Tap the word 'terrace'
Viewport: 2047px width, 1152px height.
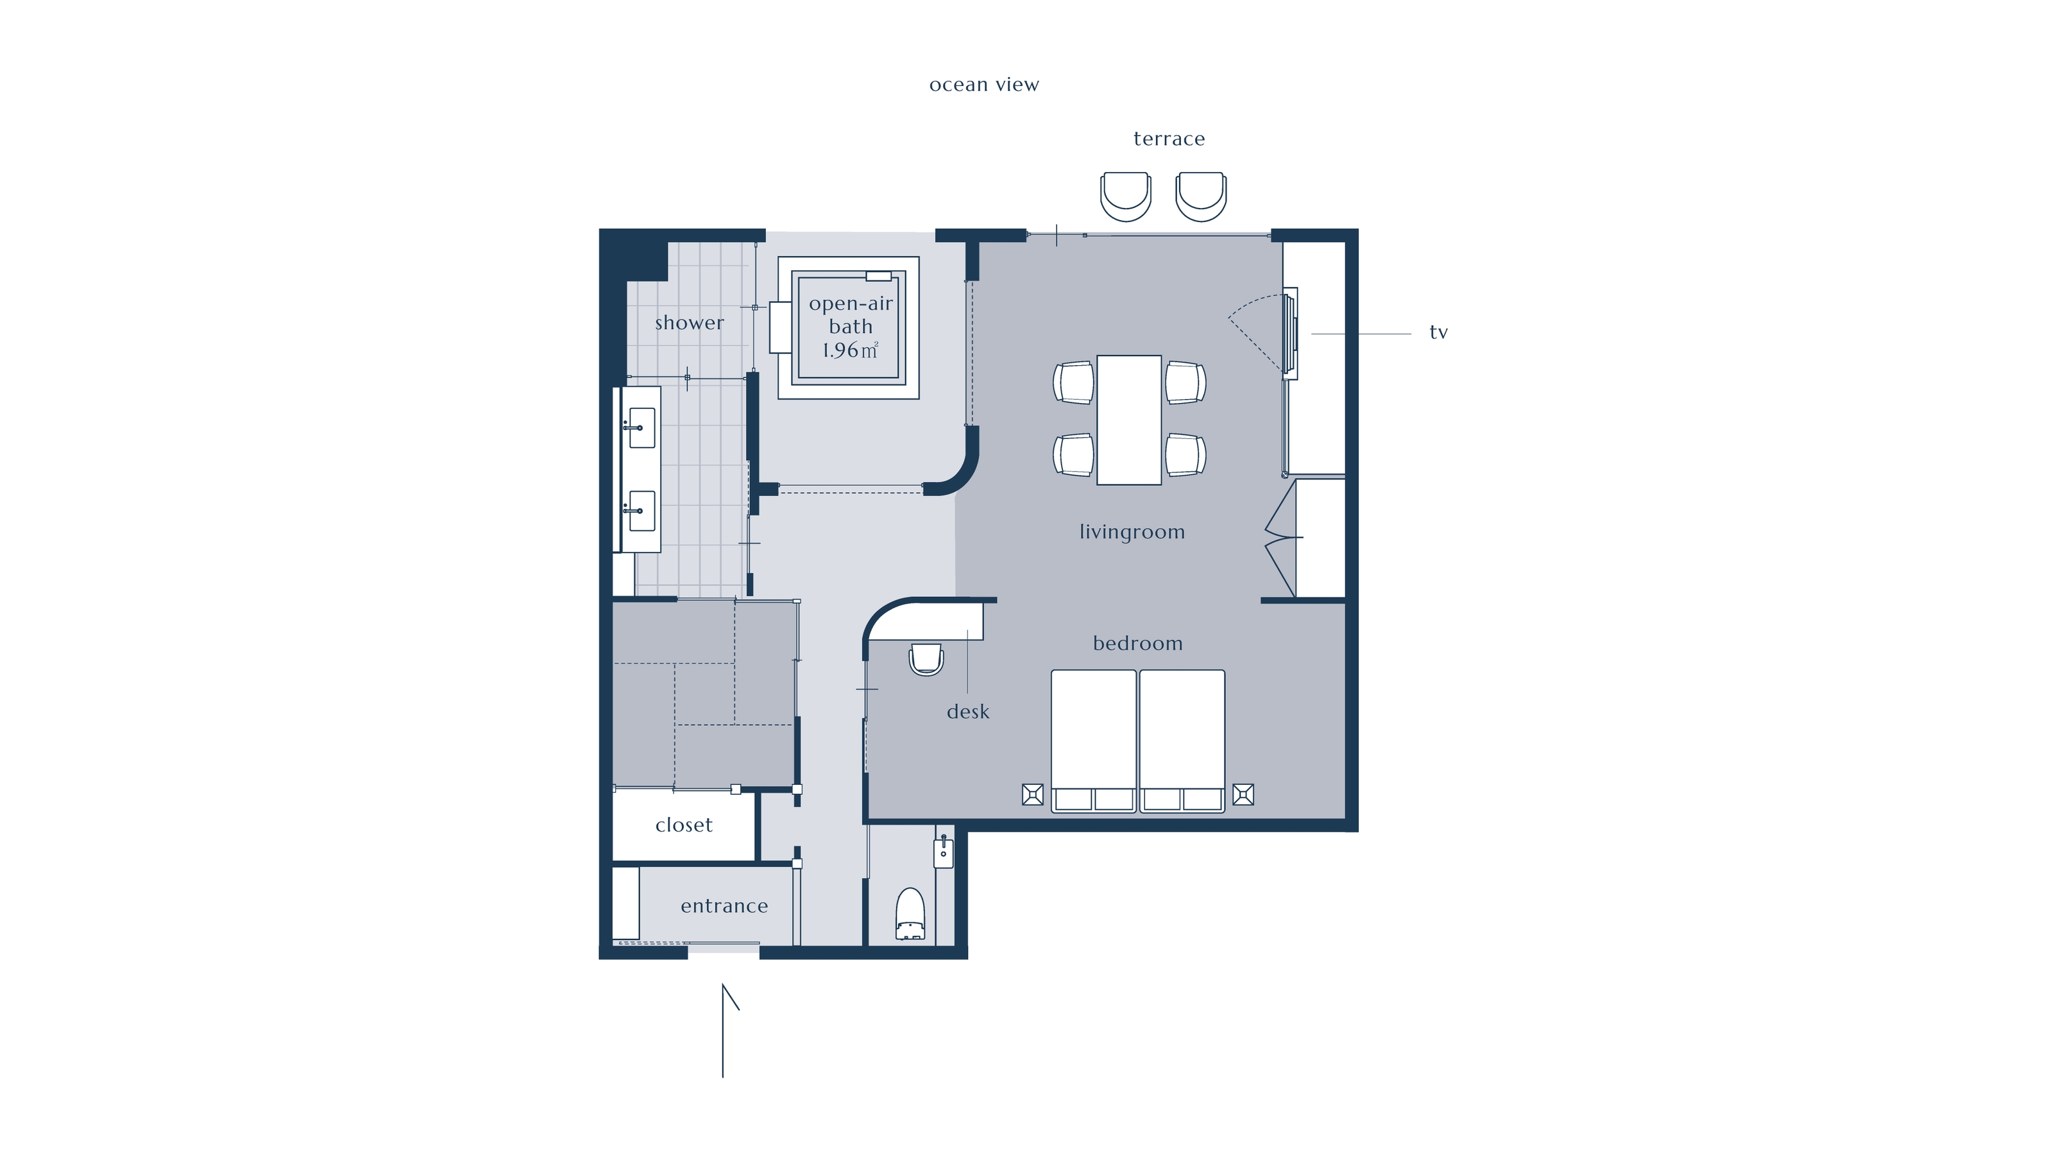(x=1169, y=139)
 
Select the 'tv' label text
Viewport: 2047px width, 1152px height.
(x=1438, y=332)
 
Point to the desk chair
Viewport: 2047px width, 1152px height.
(x=926, y=659)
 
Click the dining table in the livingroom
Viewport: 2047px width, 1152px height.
(x=1128, y=420)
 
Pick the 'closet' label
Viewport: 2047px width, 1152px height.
(x=683, y=825)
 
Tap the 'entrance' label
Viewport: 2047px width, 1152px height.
(x=724, y=906)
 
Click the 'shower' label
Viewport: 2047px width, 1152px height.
(x=689, y=323)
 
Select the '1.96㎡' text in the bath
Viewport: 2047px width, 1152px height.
(x=850, y=350)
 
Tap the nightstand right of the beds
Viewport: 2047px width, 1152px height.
(x=1243, y=795)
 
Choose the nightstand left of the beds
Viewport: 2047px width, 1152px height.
(x=1032, y=795)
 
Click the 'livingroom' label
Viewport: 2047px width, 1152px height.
(x=1132, y=532)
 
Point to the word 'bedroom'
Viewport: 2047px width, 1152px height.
(x=1137, y=643)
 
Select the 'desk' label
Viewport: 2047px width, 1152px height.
(x=968, y=712)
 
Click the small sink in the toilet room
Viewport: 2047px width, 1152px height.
(x=943, y=851)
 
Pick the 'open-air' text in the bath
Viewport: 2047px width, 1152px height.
(x=850, y=304)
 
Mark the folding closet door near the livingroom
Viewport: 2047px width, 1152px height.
(x=1280, y=538)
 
